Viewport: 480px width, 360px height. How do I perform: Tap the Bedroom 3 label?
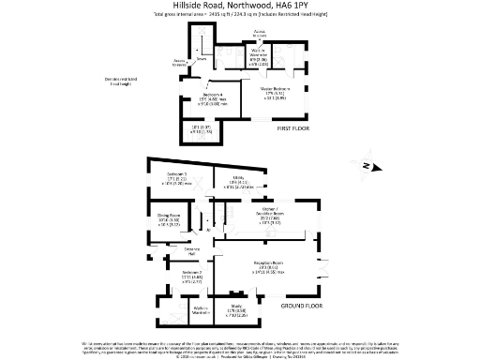(165, 174)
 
